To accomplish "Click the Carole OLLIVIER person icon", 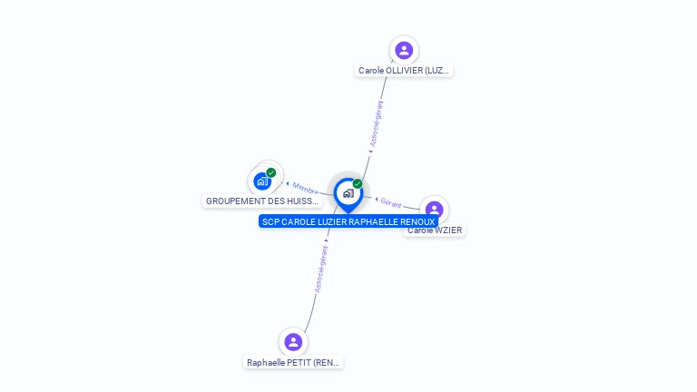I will (x=404, y=50).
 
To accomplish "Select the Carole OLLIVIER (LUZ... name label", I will (x=404, y=70).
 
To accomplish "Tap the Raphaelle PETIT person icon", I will (x=293, y=342).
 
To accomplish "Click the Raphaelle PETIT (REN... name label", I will (x=294, y=362).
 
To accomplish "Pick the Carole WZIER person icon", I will (x=435, y=210).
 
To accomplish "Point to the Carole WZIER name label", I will (x=436, y=230).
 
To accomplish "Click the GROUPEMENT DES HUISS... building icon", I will (x=262, y=181).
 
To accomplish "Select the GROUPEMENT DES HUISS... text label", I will (x=262, y=201).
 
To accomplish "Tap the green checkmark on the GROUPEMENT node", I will (x=271, y=172).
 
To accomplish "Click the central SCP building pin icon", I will (x=348, y=193).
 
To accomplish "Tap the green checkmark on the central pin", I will (x=358, y=183).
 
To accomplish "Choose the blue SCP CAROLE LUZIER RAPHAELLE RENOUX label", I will (x=348, y=221).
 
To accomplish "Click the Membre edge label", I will (x=306, y=188).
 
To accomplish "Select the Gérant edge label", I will (x=391, y=202).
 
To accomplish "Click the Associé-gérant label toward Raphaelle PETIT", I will (x=320, y=269).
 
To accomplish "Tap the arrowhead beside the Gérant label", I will (x=377, y=199).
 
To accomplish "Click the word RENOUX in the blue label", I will (x=416, y=221).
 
